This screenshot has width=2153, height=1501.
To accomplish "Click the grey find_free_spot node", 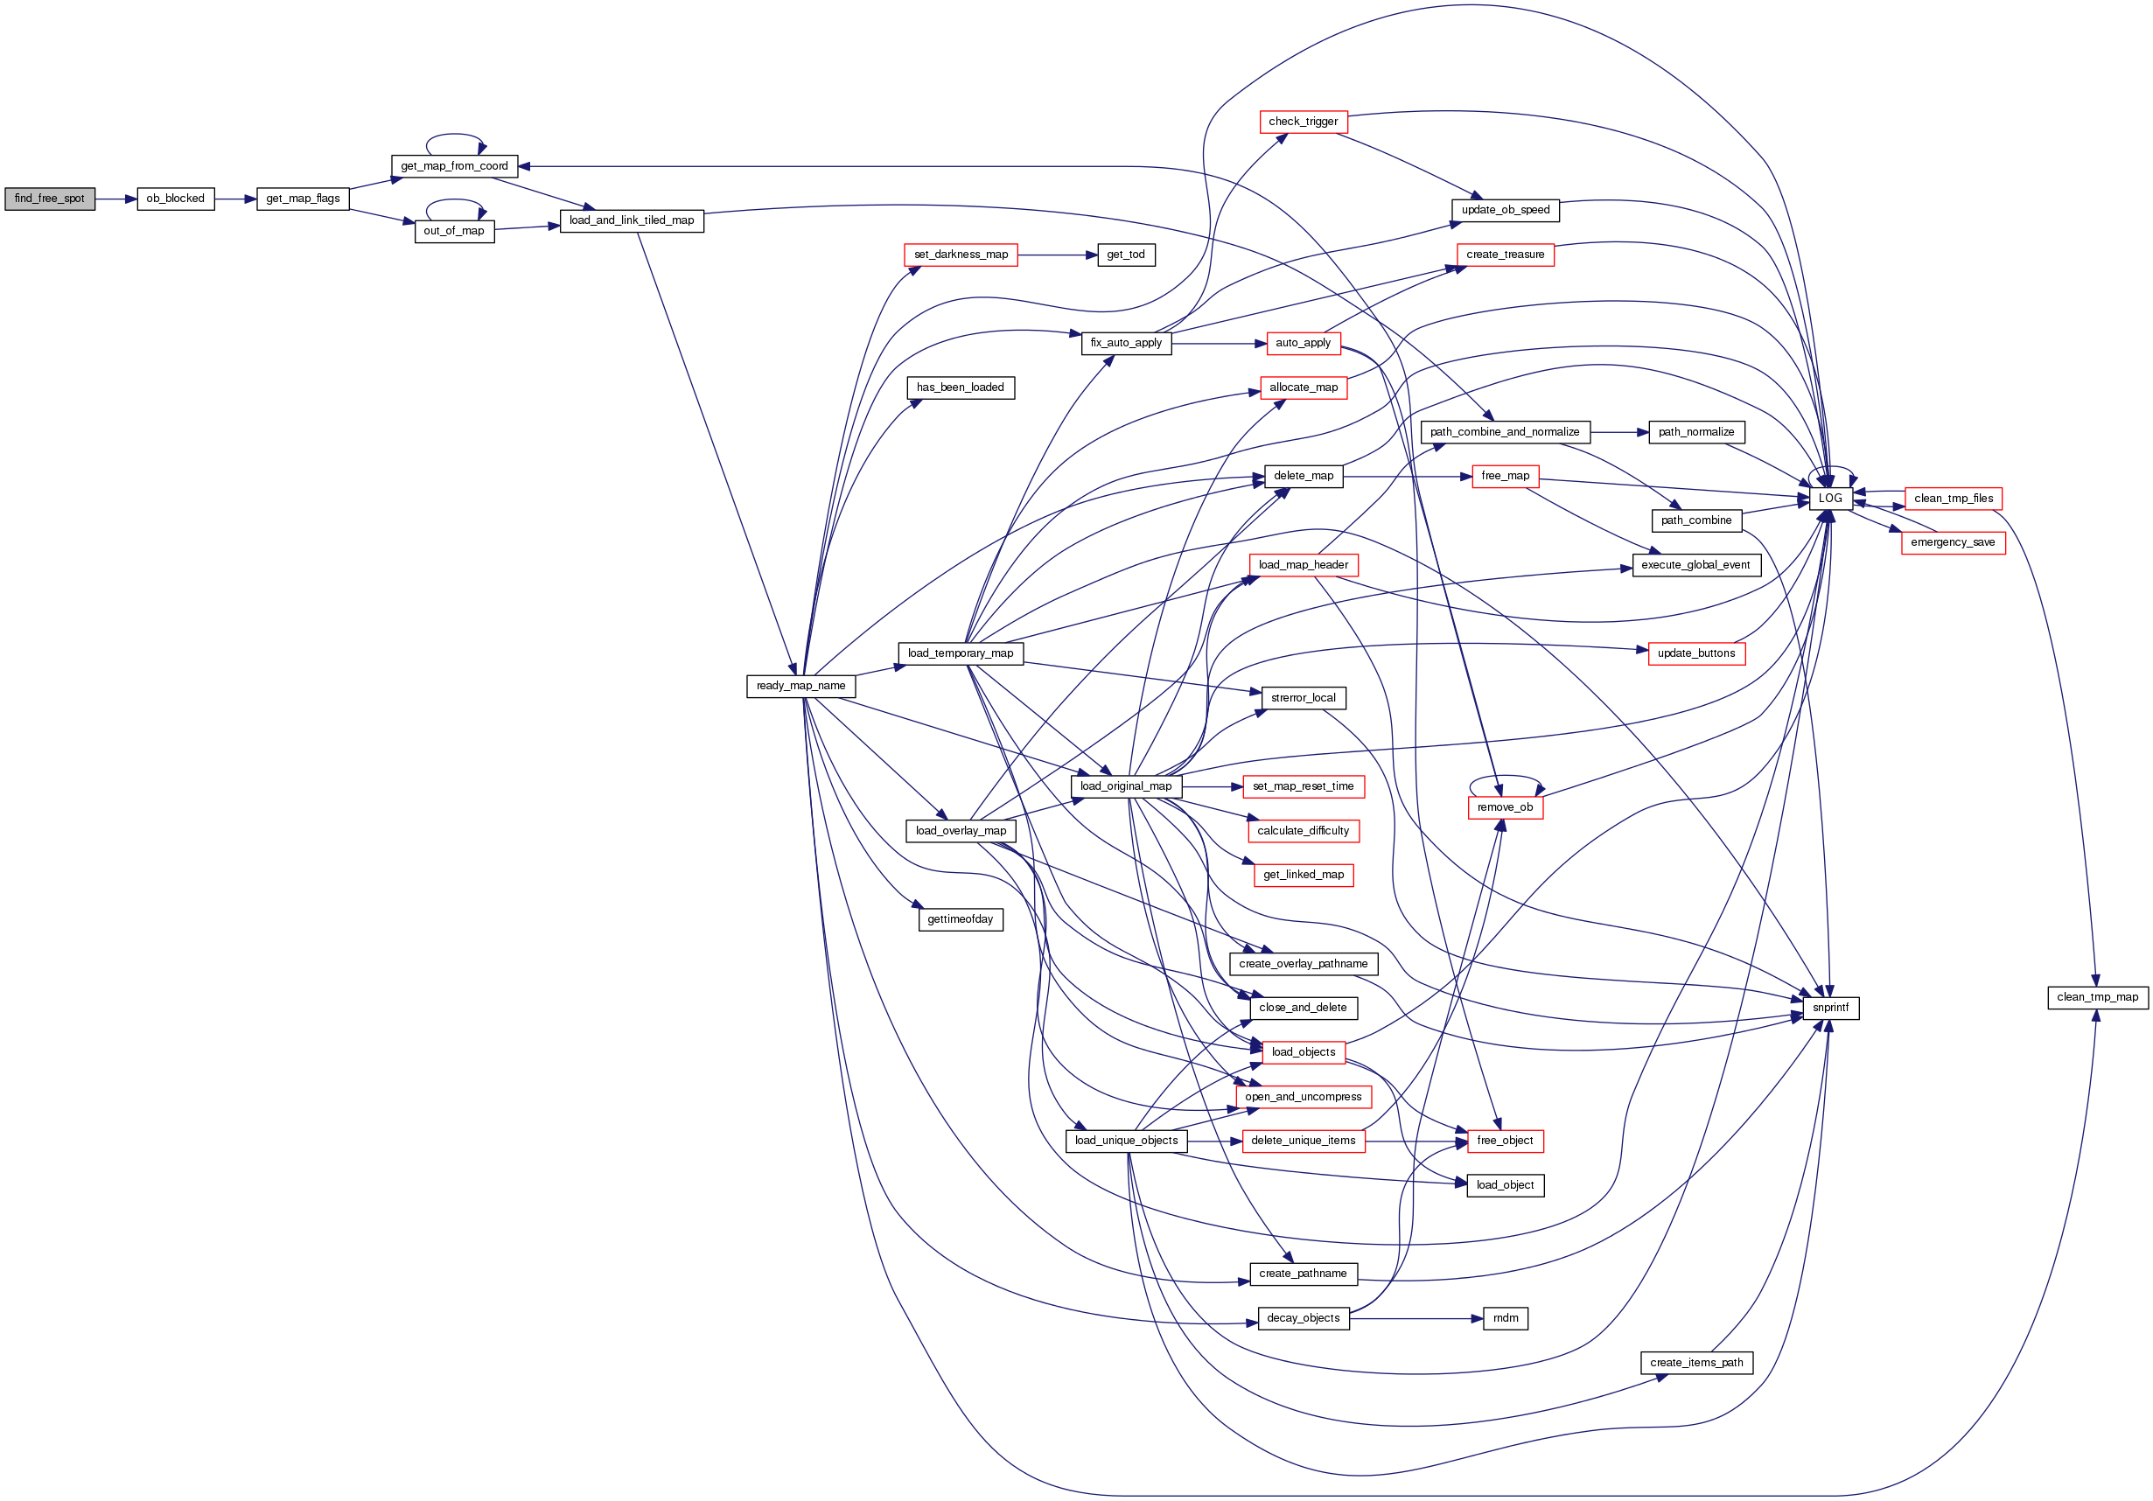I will pyautogui.click(x=50, y=199).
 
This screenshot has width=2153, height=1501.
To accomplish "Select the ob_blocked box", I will pyautogui.click(x=175, y=199).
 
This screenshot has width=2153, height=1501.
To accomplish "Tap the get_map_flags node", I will pyautogui.click(x=303, y=199).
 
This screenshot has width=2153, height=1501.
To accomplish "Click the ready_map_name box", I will pyautogui.click(x=800, y=687).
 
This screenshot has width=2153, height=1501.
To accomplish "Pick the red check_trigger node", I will pyautogui.click(x=1303, y=122).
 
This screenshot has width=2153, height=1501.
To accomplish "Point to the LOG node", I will pyautogui.click(x=1829, y=499).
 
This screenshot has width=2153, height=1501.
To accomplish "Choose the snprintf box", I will pyautogui.click(x=1830, y=1008).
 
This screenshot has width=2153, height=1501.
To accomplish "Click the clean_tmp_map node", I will pyautogui.click(x=2097, y=997).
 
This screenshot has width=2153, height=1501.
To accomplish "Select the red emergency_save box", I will pyautogui.click(x=1953, y=543).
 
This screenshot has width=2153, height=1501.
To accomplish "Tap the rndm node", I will pyautogui.click(x=1505, y=1318).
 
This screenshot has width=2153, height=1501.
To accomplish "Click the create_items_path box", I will pyautogui.click(x=1696, y=1363).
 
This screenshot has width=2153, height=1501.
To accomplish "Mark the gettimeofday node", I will pyautogui.click(x=961, y=919).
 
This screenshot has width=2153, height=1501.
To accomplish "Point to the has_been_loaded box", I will pyautogui.click(x=961, y=387).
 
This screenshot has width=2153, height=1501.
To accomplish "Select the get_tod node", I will pyautogui.click(x=1125, y=255).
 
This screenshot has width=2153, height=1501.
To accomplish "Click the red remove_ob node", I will pyautogui.click(x=1504, y=807).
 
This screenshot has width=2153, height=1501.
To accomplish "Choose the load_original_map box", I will pyautogui.click(x=1125, y=786).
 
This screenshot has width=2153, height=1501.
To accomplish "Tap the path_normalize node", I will pyautogui.click(x=1695, y=432).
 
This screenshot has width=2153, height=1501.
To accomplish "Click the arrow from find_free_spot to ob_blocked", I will pyautogui.click(x=116, y=199).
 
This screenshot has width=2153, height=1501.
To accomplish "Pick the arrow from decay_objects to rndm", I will pyautogui.click(x=1416, y=1318).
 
